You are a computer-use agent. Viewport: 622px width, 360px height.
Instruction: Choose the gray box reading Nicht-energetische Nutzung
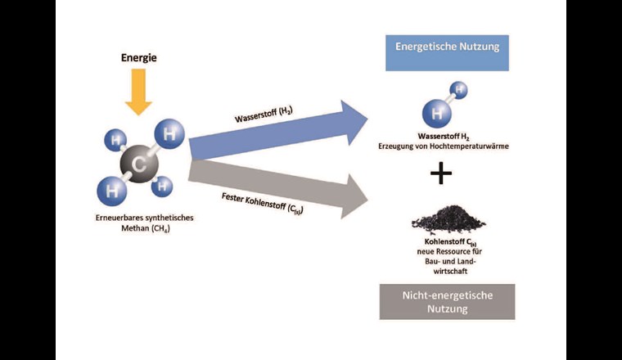[448, 301]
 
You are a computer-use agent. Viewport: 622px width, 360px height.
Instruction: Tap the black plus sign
[441, 173]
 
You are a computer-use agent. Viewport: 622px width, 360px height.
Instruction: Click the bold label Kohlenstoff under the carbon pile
[430, 243]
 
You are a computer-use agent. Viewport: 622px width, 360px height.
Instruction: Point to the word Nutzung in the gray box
[448, 309]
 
